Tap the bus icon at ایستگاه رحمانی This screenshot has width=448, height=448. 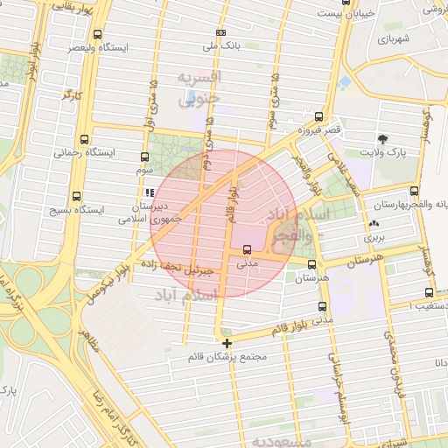pyautogui.click(x=83, y=139)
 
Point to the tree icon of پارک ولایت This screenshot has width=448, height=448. pyautogui.click(x=382, y=139)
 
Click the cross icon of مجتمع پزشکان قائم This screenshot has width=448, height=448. pyautogui.click(x=227, y=343)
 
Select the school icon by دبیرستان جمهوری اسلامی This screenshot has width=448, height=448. pyautogui.click(x=149, y=192)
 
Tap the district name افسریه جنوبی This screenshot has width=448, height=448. pyautogui.click(x=200, y=88)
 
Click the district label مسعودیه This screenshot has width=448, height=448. pyautogui.click(x=280, y=442)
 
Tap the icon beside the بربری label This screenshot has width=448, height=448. pyautogui.click(x=374, y=224)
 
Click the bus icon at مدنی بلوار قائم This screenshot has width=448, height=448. pyautogui.click(x=324, y=307)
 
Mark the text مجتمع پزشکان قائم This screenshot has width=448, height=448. pyautogui.click(x=227, y=358)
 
